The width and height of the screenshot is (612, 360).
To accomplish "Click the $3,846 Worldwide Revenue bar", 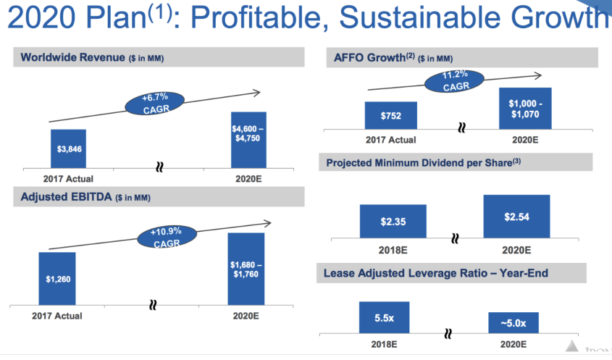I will [x=68, y=149].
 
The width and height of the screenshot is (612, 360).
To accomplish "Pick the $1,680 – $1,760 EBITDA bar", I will [x=246, y=269].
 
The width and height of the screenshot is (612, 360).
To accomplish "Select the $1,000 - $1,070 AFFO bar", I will [x=526, y=108].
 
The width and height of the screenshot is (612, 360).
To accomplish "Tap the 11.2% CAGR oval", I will [x=456, y=80].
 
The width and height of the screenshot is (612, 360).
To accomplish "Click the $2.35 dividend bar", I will [x=392, y=221].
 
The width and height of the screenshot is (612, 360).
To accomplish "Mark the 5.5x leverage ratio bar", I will [x=384, y=317].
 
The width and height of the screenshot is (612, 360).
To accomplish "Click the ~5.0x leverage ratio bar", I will [x=511, y=322].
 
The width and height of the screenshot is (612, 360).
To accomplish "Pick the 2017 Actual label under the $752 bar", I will [x=392, y=139].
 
